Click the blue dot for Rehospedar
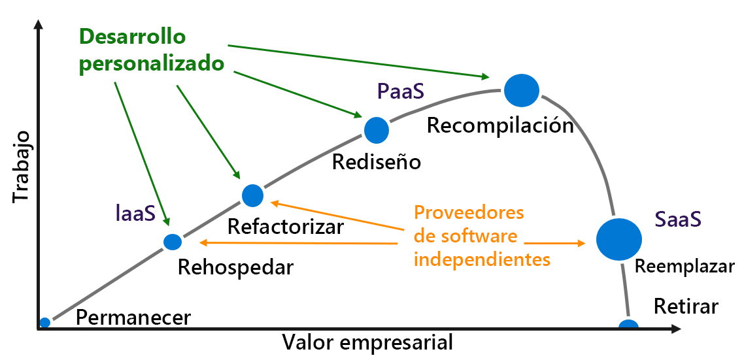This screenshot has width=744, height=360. pos(173,242)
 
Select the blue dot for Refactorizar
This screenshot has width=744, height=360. pos(252,195)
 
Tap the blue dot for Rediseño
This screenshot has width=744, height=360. pos(376,130)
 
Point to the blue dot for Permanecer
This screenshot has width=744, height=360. pos(44,322)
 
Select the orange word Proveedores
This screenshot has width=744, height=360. pos(469,213)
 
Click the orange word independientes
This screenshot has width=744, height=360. pos(482,259)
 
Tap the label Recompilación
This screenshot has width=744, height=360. pos(500,125)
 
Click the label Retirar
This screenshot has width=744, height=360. pos(686,306)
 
